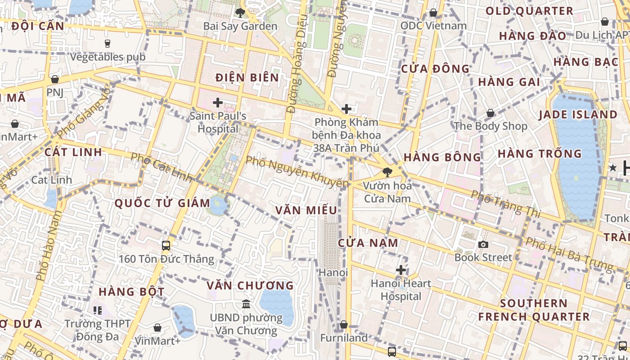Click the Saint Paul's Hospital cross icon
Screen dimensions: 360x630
point(218,103)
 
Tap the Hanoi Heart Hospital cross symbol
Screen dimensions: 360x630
point(401,270)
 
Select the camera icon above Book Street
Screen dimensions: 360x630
point(483,244)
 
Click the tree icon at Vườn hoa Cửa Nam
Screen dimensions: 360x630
point(387,172)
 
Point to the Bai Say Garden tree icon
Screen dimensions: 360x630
point(240,13)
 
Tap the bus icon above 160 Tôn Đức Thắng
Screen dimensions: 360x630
point(166,246)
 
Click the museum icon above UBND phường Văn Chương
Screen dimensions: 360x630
point(246,304)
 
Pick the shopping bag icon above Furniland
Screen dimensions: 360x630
point(344,324)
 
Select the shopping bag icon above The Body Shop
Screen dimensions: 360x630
point(490,113)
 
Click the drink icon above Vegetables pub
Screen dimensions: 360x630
point(108,44)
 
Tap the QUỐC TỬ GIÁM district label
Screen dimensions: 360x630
point(162,203)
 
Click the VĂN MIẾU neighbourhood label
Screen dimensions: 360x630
point(306,210)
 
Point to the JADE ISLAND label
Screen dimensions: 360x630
point(578,114)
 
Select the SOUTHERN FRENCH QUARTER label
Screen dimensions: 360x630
point(534,310)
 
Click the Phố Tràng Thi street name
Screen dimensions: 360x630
point(506,203)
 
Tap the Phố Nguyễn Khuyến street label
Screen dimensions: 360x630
point(297,172)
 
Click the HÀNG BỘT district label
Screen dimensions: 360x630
point(131,292)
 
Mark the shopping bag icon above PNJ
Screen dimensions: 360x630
point(55,79)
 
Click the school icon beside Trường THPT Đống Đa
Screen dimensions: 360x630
point(98,310)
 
